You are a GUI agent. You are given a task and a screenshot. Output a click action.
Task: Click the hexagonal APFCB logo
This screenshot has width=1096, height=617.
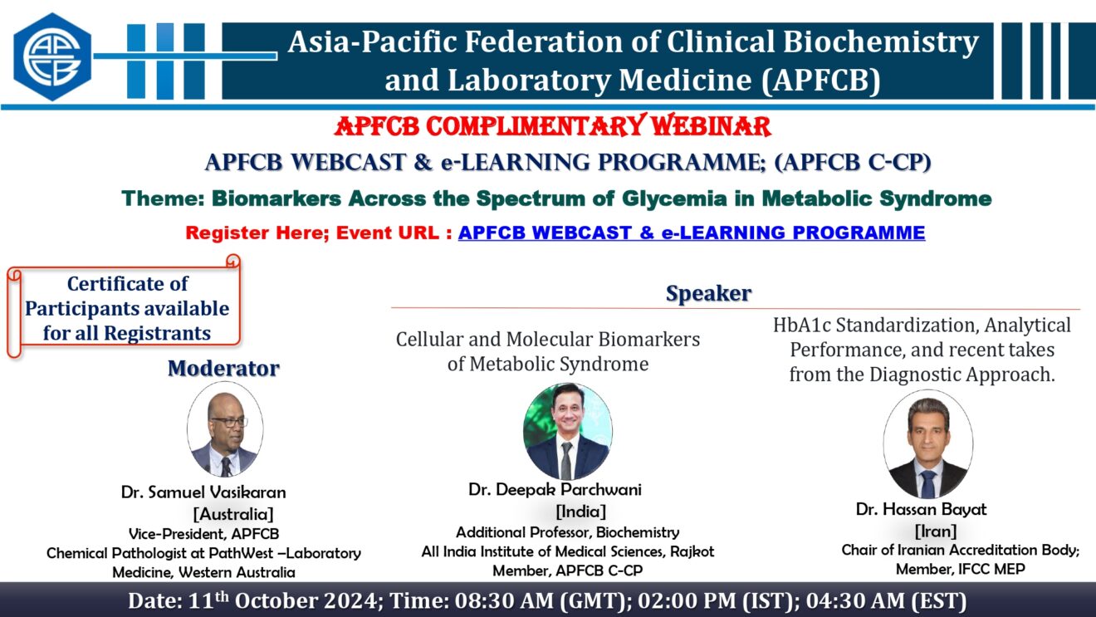coord(52,56)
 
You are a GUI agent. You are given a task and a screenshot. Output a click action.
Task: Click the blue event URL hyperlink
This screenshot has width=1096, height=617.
coord(692,233)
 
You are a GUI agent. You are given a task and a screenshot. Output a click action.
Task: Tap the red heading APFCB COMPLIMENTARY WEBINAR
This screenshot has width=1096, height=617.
coord(552,126)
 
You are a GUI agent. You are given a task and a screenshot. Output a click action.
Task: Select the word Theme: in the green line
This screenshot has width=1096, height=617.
coord(163,198)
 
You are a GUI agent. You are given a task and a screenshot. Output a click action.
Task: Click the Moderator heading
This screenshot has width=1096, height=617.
coord(223,369)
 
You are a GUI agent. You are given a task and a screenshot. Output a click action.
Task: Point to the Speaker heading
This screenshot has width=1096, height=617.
coord(708,293)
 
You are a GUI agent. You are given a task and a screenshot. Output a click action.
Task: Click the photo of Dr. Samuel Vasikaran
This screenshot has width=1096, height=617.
coord(225,430)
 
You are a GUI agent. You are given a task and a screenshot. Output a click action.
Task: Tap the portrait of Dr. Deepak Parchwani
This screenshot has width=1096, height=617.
coord(568,431)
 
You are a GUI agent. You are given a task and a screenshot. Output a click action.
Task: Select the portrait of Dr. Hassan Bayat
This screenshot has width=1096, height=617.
coord(927,444)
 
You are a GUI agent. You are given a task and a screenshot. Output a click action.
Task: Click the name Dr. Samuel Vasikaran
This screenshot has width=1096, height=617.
coord(203,492)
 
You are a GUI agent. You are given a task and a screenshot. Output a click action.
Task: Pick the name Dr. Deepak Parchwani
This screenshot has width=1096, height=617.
coord(555,489)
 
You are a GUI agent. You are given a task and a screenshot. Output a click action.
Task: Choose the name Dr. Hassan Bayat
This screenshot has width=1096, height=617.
coord(922,509)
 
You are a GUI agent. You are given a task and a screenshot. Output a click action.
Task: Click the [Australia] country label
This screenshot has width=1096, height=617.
coord(233,514)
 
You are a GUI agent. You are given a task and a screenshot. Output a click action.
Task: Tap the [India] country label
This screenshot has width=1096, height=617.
coord(580,512)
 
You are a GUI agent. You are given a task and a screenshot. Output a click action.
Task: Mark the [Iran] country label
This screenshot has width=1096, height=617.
coord(936,531)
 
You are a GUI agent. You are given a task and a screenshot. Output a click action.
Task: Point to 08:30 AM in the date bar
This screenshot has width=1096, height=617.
coord(505,601)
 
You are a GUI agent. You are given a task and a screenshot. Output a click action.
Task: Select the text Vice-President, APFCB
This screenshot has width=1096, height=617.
coord(203,533)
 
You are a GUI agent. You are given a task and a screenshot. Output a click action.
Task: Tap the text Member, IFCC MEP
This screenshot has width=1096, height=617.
coord(961,569)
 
